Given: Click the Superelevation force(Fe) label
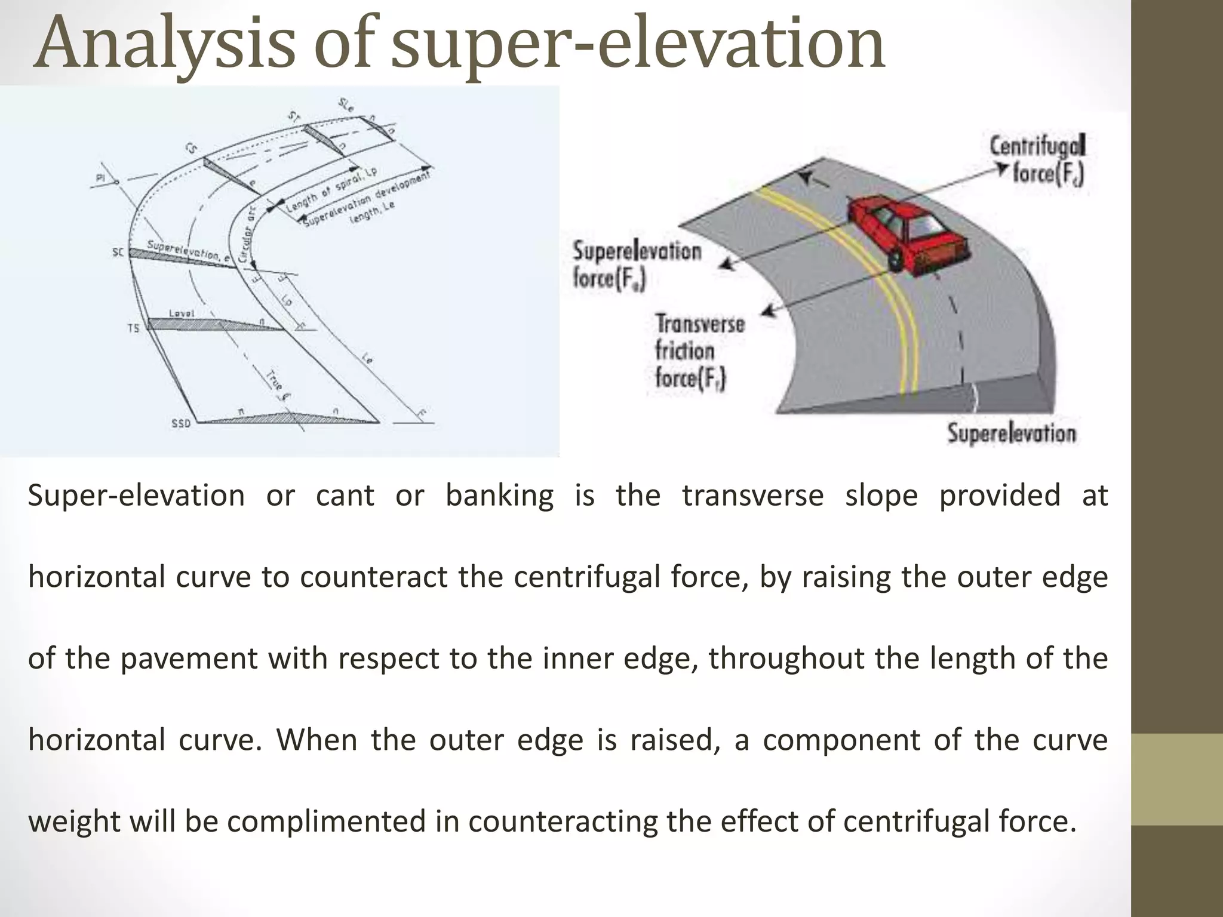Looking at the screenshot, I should [636, 265].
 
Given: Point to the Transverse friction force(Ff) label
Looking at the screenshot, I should [699, 352].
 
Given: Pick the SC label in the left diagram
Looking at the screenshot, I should [118, 253].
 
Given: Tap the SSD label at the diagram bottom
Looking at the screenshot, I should [181, 424].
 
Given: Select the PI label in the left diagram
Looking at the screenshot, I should [100, 177].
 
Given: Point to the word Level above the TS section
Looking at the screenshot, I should [182, 313].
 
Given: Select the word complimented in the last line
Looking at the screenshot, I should [327, 821].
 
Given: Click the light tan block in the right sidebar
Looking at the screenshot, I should [1177, 779].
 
